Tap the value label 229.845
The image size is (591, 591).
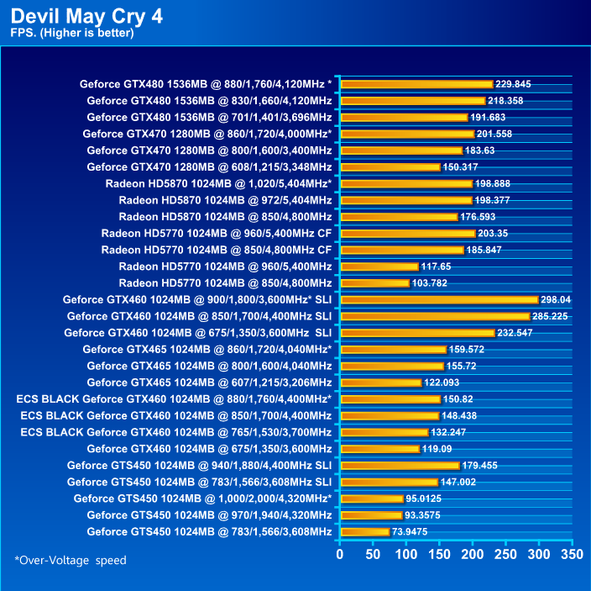tap(513, 84)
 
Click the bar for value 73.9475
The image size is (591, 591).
tap(365, 531)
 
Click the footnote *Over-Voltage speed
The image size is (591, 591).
tap(70, 560)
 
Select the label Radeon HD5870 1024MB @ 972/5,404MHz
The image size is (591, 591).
tap(225, 200)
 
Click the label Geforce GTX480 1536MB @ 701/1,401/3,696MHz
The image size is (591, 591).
tap(209, 117)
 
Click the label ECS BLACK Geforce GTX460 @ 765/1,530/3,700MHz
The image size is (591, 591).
tap(175, 432)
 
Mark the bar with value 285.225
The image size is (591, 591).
tap(434, 316)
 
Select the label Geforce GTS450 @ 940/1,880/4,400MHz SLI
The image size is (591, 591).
tap(199, 465)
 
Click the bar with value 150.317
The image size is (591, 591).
tap(390, 166)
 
